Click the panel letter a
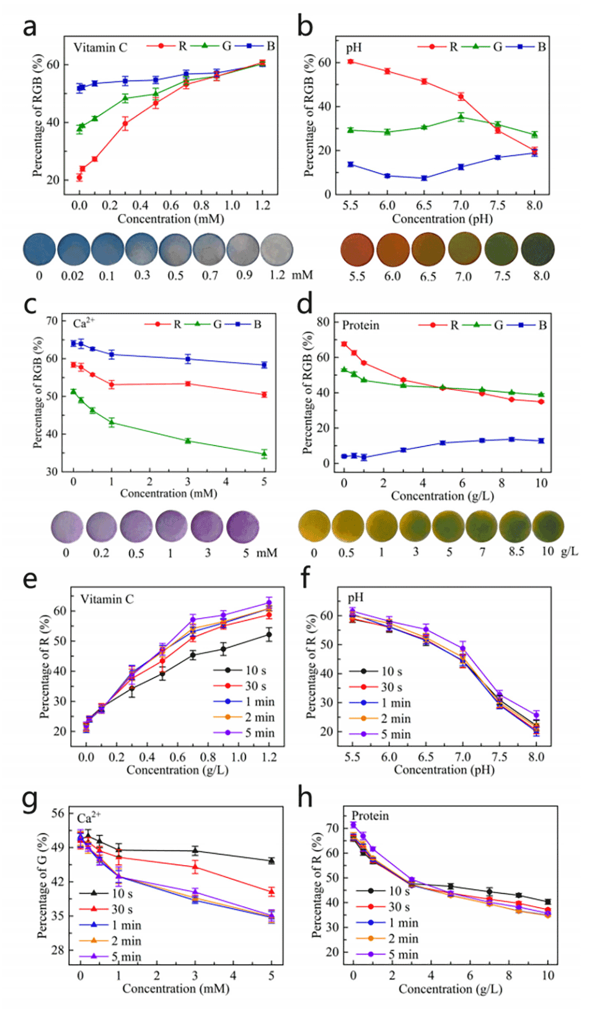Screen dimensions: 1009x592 29,27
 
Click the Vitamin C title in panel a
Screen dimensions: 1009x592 100,48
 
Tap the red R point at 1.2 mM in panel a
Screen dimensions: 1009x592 262,63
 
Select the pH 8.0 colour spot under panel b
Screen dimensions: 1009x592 537,249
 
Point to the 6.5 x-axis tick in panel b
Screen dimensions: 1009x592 423,205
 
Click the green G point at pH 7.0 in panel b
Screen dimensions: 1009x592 461,117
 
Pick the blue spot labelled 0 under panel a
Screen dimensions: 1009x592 40,249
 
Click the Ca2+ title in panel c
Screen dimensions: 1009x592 83,323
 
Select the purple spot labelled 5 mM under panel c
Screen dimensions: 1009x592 243,527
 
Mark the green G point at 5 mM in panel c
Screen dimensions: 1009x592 264,454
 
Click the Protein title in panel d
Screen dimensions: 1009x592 360,326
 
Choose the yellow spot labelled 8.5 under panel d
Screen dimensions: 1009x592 515,526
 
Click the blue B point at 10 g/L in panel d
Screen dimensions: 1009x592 541,441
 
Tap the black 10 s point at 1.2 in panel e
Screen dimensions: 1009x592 268,634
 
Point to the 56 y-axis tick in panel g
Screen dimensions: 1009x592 58,813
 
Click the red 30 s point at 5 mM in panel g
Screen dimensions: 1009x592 271,891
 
